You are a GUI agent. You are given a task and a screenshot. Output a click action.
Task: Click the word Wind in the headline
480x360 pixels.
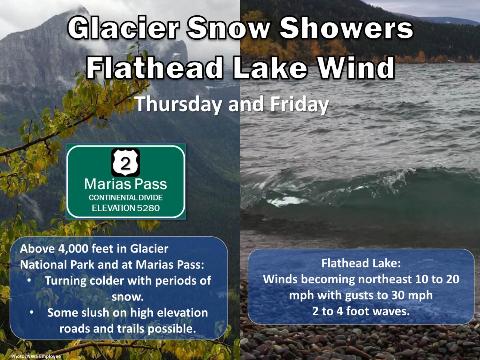point(356,67)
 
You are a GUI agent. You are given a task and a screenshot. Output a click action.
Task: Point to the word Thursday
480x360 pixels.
point(178,105)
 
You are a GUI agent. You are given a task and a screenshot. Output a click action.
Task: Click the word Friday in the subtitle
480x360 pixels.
point(300,105)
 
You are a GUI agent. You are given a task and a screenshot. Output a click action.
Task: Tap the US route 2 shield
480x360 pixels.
point(125,162)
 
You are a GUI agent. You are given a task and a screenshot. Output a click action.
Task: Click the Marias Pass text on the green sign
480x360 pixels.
point(125,184)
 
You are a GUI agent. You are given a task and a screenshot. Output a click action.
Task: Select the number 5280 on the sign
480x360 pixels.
point(148,208)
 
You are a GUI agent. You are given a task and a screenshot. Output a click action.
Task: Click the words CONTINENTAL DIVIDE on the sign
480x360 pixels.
point(126,198)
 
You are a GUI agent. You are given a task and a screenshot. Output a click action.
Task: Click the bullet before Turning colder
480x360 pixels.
point(29,280)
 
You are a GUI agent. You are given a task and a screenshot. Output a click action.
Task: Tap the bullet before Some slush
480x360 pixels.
point(32,313)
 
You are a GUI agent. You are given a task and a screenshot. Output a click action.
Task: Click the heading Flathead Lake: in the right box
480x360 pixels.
point(361,263)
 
